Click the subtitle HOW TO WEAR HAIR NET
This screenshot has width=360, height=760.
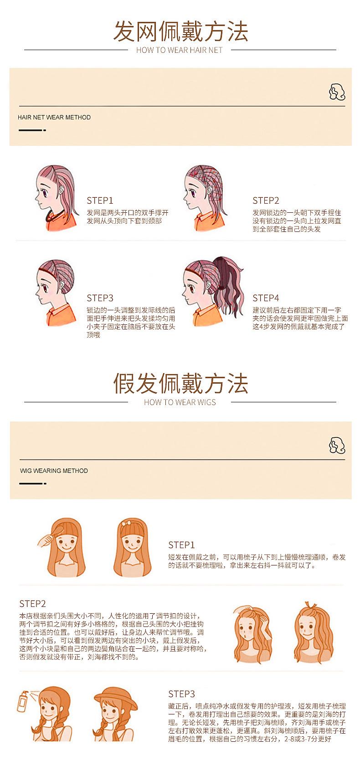180,50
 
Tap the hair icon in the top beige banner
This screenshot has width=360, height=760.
337,92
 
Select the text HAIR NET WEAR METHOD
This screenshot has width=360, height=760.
54,118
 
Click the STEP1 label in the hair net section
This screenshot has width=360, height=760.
100,200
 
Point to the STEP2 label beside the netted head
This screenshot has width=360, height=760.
266,200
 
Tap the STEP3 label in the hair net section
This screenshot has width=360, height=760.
100,298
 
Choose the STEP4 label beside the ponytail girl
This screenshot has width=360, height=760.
266,298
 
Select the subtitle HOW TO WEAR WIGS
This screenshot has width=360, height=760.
180,402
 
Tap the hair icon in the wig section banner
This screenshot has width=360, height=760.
337,445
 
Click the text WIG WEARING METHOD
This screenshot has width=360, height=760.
54,471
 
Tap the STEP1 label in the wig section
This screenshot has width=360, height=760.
181,545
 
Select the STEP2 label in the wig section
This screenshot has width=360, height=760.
32,604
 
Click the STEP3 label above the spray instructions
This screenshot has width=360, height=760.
181,694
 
